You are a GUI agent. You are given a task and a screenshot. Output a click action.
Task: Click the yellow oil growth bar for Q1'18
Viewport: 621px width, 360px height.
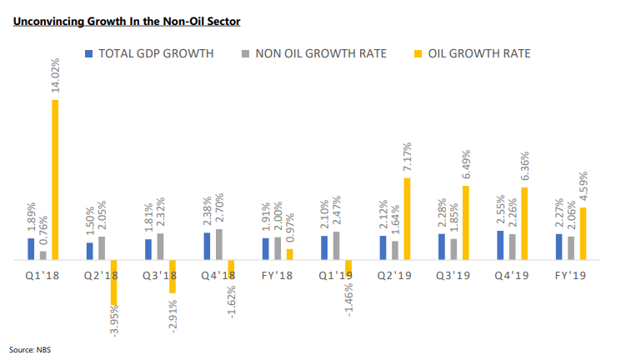[55, 180]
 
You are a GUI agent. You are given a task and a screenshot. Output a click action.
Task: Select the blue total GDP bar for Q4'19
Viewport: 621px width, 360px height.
[500, 245]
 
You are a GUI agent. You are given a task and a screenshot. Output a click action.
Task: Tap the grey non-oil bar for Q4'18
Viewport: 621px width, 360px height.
[219, 244]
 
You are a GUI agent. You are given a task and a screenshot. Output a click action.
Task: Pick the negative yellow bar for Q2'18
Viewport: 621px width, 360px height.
[113, 282]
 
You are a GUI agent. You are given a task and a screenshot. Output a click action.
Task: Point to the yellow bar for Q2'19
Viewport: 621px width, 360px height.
[407, 219]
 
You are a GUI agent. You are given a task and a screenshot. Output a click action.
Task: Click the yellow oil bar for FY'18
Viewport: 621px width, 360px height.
[289, 254]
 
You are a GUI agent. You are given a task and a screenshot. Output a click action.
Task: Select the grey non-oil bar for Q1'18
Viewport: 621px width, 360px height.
[43, 256]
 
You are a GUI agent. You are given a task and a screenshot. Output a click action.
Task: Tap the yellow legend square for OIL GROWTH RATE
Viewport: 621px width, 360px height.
[418, 54]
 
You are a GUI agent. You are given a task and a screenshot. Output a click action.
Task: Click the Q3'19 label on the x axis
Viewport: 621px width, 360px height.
[453, 275]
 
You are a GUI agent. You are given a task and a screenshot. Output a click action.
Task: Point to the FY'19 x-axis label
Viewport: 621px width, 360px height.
[570, 275]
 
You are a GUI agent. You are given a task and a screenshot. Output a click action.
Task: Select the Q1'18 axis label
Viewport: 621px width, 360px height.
[42, 275]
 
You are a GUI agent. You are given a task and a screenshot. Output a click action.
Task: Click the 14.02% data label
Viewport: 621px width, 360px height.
[55, 75]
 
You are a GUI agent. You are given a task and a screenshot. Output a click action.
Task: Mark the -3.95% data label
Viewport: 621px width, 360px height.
[114, 321]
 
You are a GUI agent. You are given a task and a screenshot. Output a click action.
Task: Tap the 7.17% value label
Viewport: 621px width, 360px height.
[407, 157]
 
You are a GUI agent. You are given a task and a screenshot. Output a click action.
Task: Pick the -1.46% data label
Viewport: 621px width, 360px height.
[349, 300]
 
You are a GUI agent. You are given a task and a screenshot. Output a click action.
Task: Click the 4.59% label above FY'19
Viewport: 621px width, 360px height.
[583, 186]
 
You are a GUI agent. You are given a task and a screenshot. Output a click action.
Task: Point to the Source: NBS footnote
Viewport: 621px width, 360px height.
[30, 350]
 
